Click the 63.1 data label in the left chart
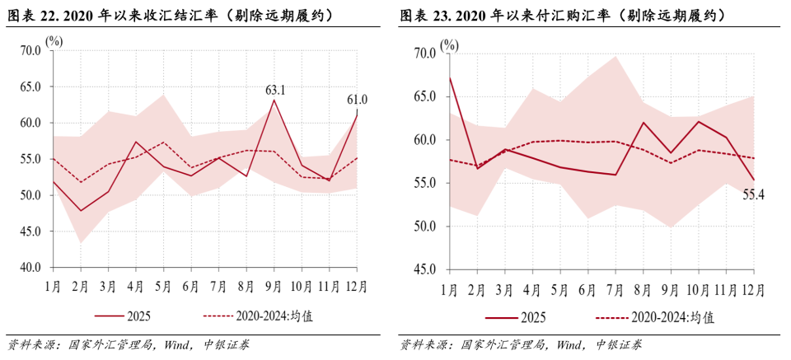tap(274, 90)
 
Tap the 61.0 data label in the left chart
tap(357, 101)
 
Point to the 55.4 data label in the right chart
tap(753, 194)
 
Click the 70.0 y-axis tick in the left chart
tap(30, 50)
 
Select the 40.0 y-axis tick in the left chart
tap(30, 268)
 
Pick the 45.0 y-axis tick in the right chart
tap(425, 269)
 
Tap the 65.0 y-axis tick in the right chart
tap(425, 96)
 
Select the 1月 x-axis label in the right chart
tap(450, 289)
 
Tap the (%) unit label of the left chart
tap(54, 40)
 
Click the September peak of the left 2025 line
tap(274, 100)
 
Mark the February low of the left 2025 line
tap(80, 211)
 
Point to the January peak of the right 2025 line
tap(450, 77)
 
